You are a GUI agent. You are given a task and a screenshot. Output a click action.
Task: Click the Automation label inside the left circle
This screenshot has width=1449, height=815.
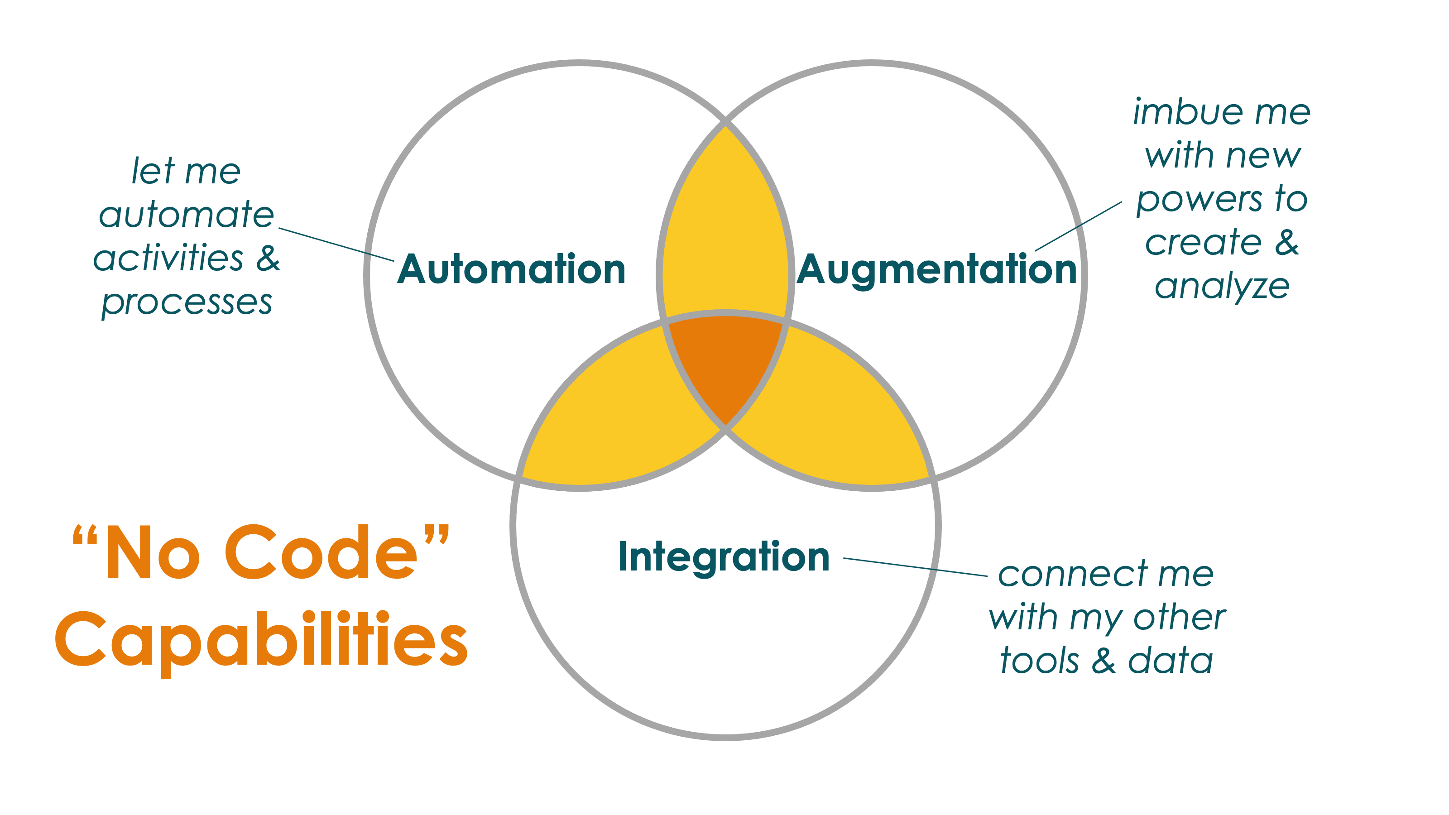(x=511, y=269)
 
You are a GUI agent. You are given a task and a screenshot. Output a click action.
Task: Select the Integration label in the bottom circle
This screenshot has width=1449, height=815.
(x=724, y=558)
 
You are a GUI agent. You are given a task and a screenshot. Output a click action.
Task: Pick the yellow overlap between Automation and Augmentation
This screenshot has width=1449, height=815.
(x=725, y=225)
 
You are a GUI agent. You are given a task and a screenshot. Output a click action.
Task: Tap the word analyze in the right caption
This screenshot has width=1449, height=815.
(x=1222, y=288)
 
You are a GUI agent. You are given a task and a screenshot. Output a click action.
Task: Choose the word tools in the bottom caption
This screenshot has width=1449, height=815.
(x=1040, y=660)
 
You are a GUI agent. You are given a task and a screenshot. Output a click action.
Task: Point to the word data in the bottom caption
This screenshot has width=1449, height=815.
(x=1171, y=660)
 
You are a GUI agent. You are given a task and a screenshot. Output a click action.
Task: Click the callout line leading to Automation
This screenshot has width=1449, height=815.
(x=336, y=244)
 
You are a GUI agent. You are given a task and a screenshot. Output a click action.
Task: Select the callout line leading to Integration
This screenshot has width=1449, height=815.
(x=915, y=567)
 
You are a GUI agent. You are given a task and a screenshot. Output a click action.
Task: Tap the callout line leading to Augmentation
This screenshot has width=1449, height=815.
(x=1078, y=226)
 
